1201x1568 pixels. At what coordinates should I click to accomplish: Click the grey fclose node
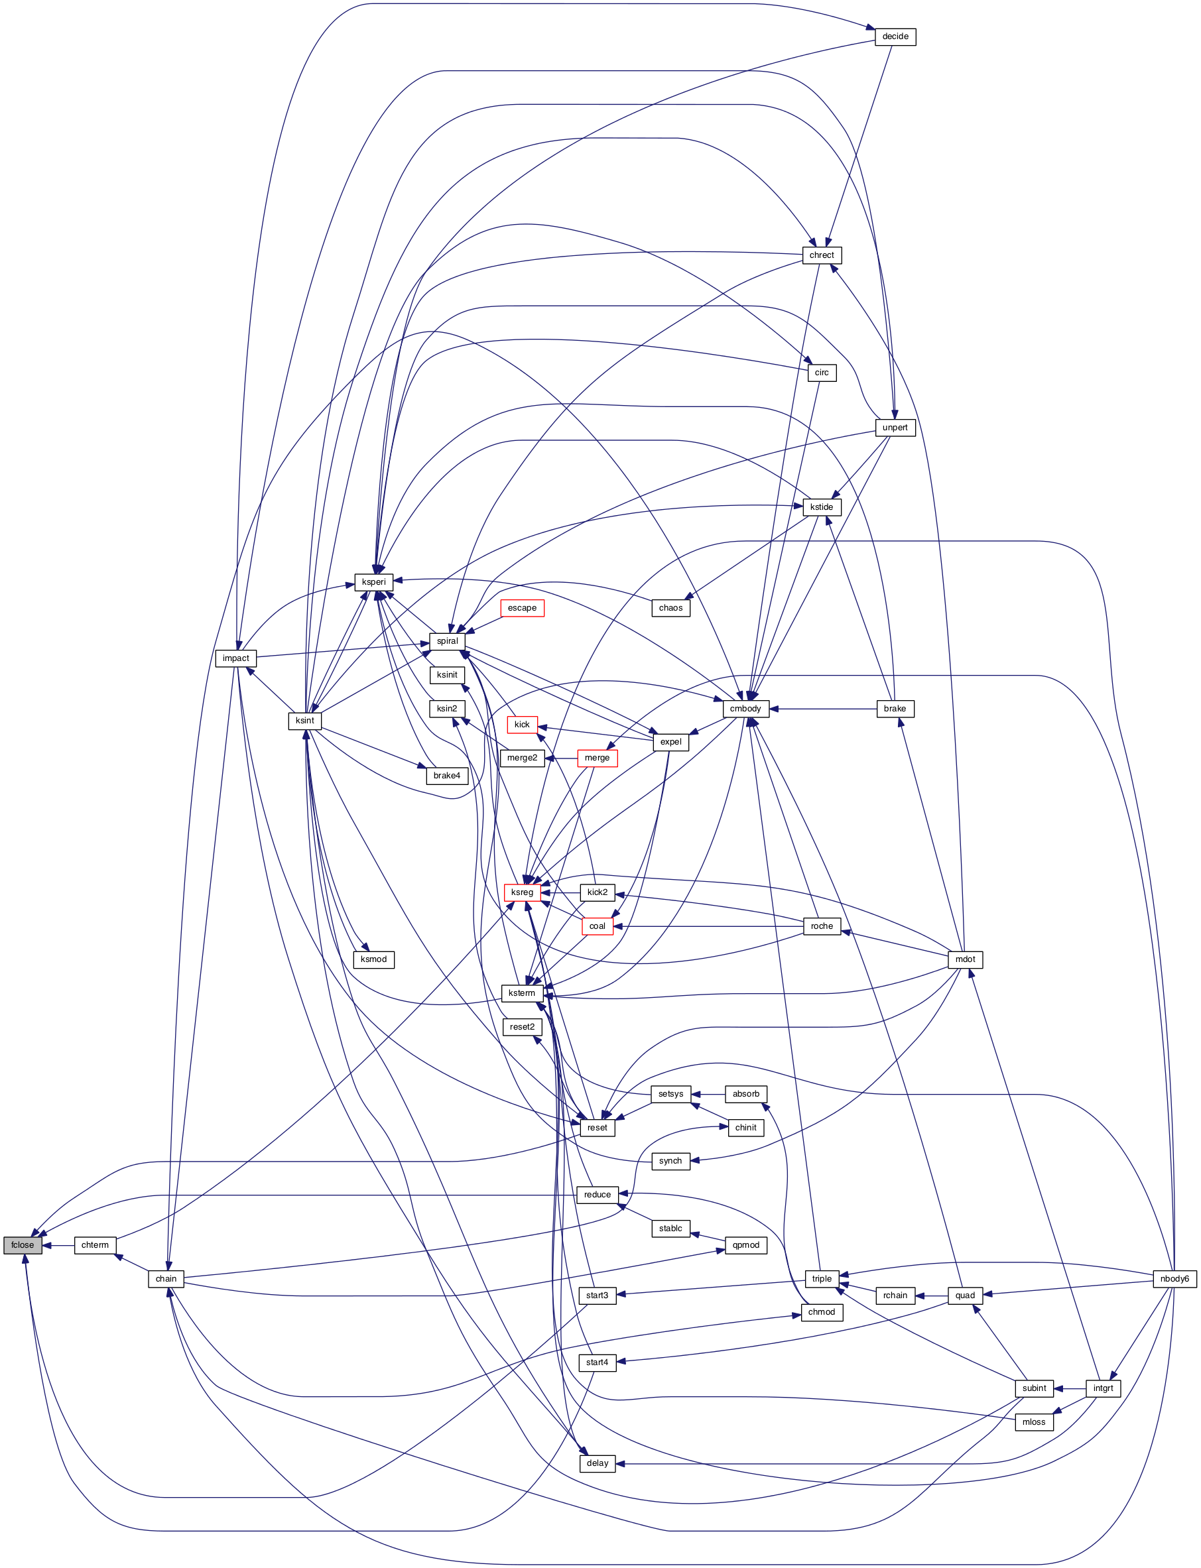coord(22,1244)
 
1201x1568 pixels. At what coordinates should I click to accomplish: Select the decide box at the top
coord(895,36)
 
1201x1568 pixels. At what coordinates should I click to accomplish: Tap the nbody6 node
coord(1174,1278)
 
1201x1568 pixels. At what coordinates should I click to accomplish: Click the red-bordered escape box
coord(522,607)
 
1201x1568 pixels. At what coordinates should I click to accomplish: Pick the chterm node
coord(94,1244)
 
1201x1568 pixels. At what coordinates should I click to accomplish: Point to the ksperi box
coord(373,581)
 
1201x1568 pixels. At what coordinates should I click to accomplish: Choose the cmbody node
coord(745,708)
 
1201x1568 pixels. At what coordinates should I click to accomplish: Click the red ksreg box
coord(522,892)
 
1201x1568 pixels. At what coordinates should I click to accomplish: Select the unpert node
coord(895,428)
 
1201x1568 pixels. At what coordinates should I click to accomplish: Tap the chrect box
coord(822,255)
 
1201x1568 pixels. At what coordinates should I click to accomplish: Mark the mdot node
coord(964,959)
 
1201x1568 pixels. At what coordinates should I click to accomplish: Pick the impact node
coord(235,658)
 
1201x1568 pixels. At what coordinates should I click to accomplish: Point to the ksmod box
coord(373,959)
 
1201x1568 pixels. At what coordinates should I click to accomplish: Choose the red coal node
coord(597,926)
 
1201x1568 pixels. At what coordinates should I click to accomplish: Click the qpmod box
coord(745,1244)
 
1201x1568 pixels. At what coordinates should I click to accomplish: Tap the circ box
coord(822,373)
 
